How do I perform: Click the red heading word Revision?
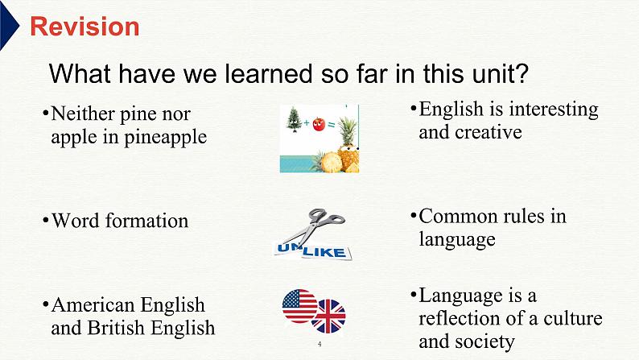(85, 27)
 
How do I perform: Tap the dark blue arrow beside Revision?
(8, 25)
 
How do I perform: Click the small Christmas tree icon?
(294, 119)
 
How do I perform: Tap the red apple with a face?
(319, 124)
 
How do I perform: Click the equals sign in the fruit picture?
(332, 125)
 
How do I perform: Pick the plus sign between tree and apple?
(307, 122)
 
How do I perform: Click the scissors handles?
(326, 217)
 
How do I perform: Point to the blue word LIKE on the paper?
(324, 251)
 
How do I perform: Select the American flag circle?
(299, 306)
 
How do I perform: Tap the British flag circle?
(328, 316)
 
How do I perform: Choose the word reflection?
(467, 318)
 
